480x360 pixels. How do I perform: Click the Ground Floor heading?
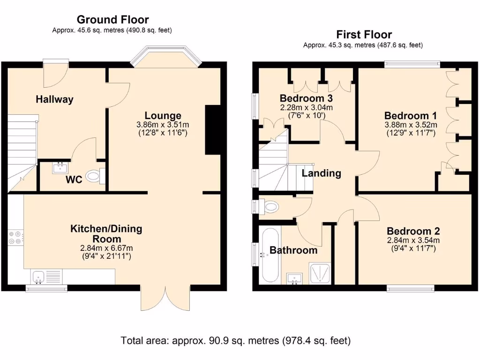(112, 19)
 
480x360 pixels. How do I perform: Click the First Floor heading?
(364, 34)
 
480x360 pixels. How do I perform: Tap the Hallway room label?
(55, 99)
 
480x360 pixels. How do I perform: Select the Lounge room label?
(163, 116)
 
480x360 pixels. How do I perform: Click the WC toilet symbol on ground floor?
(95, 176)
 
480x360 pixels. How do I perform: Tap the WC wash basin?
(60, 167)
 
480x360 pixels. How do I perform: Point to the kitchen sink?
(38, 276)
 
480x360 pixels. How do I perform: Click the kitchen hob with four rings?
(15, 238)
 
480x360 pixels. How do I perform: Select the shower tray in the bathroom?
(320, 273)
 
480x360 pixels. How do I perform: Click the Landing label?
(321, 173)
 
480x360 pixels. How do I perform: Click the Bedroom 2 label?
(413, 231)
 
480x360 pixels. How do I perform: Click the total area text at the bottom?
(236, 340)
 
